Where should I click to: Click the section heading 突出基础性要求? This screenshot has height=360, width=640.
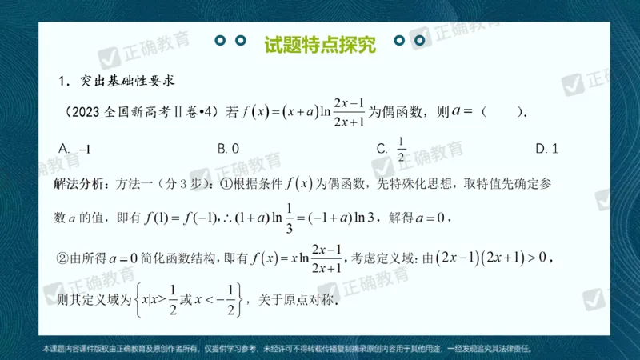(x=127, y=81)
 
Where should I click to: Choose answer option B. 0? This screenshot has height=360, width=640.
(x=229, y=148)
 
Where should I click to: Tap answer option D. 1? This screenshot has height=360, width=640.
(x=547, y=148)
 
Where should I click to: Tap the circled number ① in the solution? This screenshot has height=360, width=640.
(x=226, y=183)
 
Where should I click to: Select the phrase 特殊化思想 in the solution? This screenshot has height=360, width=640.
(x=416, y=183)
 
